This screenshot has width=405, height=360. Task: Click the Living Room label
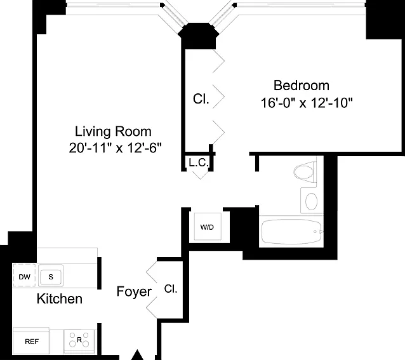click(113, 131)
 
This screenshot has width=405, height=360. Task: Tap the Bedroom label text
click(302, 86)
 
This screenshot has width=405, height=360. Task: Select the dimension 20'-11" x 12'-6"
click(115, 148)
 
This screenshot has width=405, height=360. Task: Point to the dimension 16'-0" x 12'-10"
click(307, 103)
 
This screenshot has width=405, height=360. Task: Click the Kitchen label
click(60, 298)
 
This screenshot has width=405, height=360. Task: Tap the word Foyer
click(134, 292)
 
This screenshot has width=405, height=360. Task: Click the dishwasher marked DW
click(24, 276)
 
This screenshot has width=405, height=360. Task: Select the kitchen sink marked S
click(51, 276)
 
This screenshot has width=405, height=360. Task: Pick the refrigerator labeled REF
click(31, 341)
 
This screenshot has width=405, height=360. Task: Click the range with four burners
click(79, 339)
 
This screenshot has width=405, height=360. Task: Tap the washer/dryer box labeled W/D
click(208, 227)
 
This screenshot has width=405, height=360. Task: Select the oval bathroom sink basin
click(311, 201)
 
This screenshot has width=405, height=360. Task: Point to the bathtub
click(291, 232)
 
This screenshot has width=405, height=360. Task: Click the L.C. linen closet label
click(198, 163)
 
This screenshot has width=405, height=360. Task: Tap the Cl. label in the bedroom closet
click(201, 98)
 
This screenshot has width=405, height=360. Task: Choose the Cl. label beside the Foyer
click(171, 289)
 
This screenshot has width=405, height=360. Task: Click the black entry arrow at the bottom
click(137, 355)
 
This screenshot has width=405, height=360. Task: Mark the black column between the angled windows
click(198, 36)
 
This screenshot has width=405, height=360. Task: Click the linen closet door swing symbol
click(201, 174)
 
